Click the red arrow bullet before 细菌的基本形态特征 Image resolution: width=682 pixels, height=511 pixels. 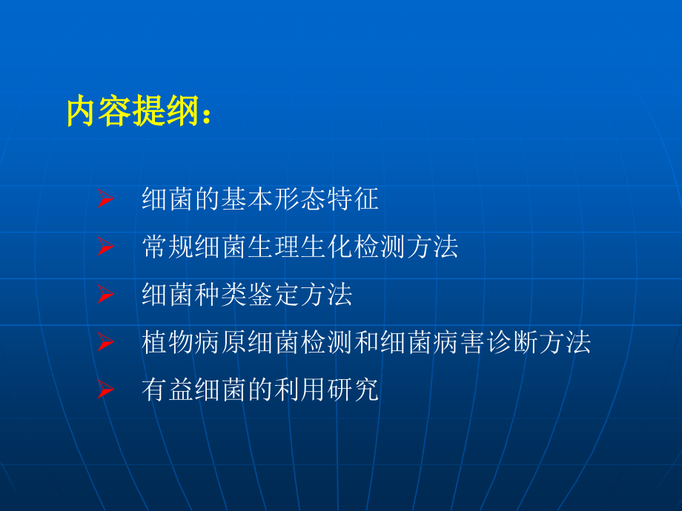[105, 200]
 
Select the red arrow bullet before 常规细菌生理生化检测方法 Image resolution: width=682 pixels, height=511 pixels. [105, 247]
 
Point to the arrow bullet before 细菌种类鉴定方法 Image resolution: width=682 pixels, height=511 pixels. [105, 295]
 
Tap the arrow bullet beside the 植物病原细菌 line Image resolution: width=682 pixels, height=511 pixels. [105, 343]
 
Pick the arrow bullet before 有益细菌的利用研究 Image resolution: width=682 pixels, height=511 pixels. [105, 390]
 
